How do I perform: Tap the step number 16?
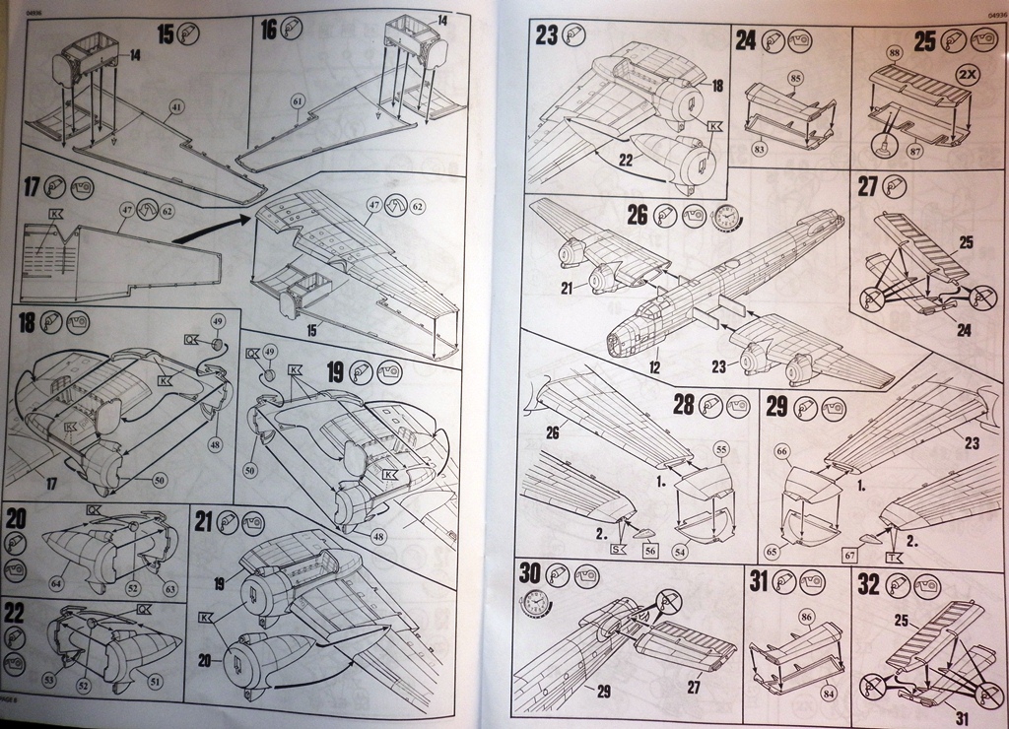[269, 30]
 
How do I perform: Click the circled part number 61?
[298, 100]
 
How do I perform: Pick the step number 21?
[203, 519]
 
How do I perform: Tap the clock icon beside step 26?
[726, 215]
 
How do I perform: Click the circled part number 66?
[782, 451]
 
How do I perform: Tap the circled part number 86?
[806, 619]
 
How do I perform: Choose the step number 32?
[868, 584]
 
